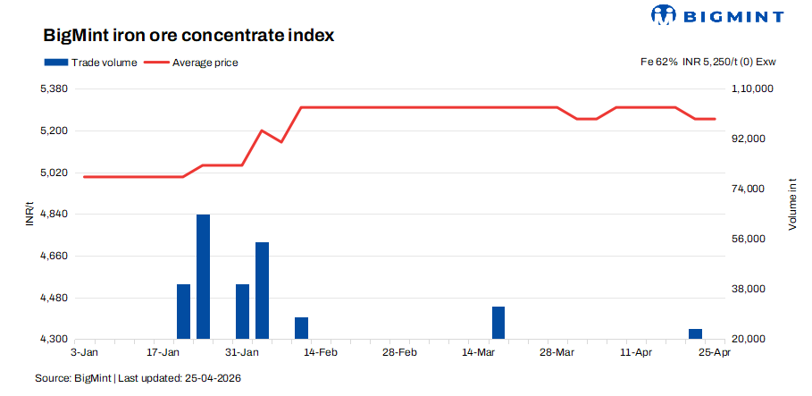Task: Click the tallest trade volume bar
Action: pos(203,276)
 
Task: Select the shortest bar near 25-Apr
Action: pos(695,334)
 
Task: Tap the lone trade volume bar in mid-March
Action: pos(498,323)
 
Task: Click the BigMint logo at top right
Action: pos(718,16)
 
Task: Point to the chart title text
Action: pos(188,37)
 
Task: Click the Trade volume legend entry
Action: pos(90,63)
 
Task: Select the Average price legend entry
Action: pos(192,63)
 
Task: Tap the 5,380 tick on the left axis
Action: pos(54,89)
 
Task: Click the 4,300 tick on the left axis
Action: pos(54,340)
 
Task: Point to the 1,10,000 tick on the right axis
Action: pos(752,89)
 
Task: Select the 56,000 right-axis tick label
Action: pos(749,240)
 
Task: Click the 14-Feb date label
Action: pos(321,353)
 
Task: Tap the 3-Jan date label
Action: pos(84,353)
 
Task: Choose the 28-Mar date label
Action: pos(557,353)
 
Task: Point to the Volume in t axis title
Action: pos(791,204)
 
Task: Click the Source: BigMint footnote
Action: pos(138,379)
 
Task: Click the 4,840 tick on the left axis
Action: pos(54,215)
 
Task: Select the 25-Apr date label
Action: pos(715,353)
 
